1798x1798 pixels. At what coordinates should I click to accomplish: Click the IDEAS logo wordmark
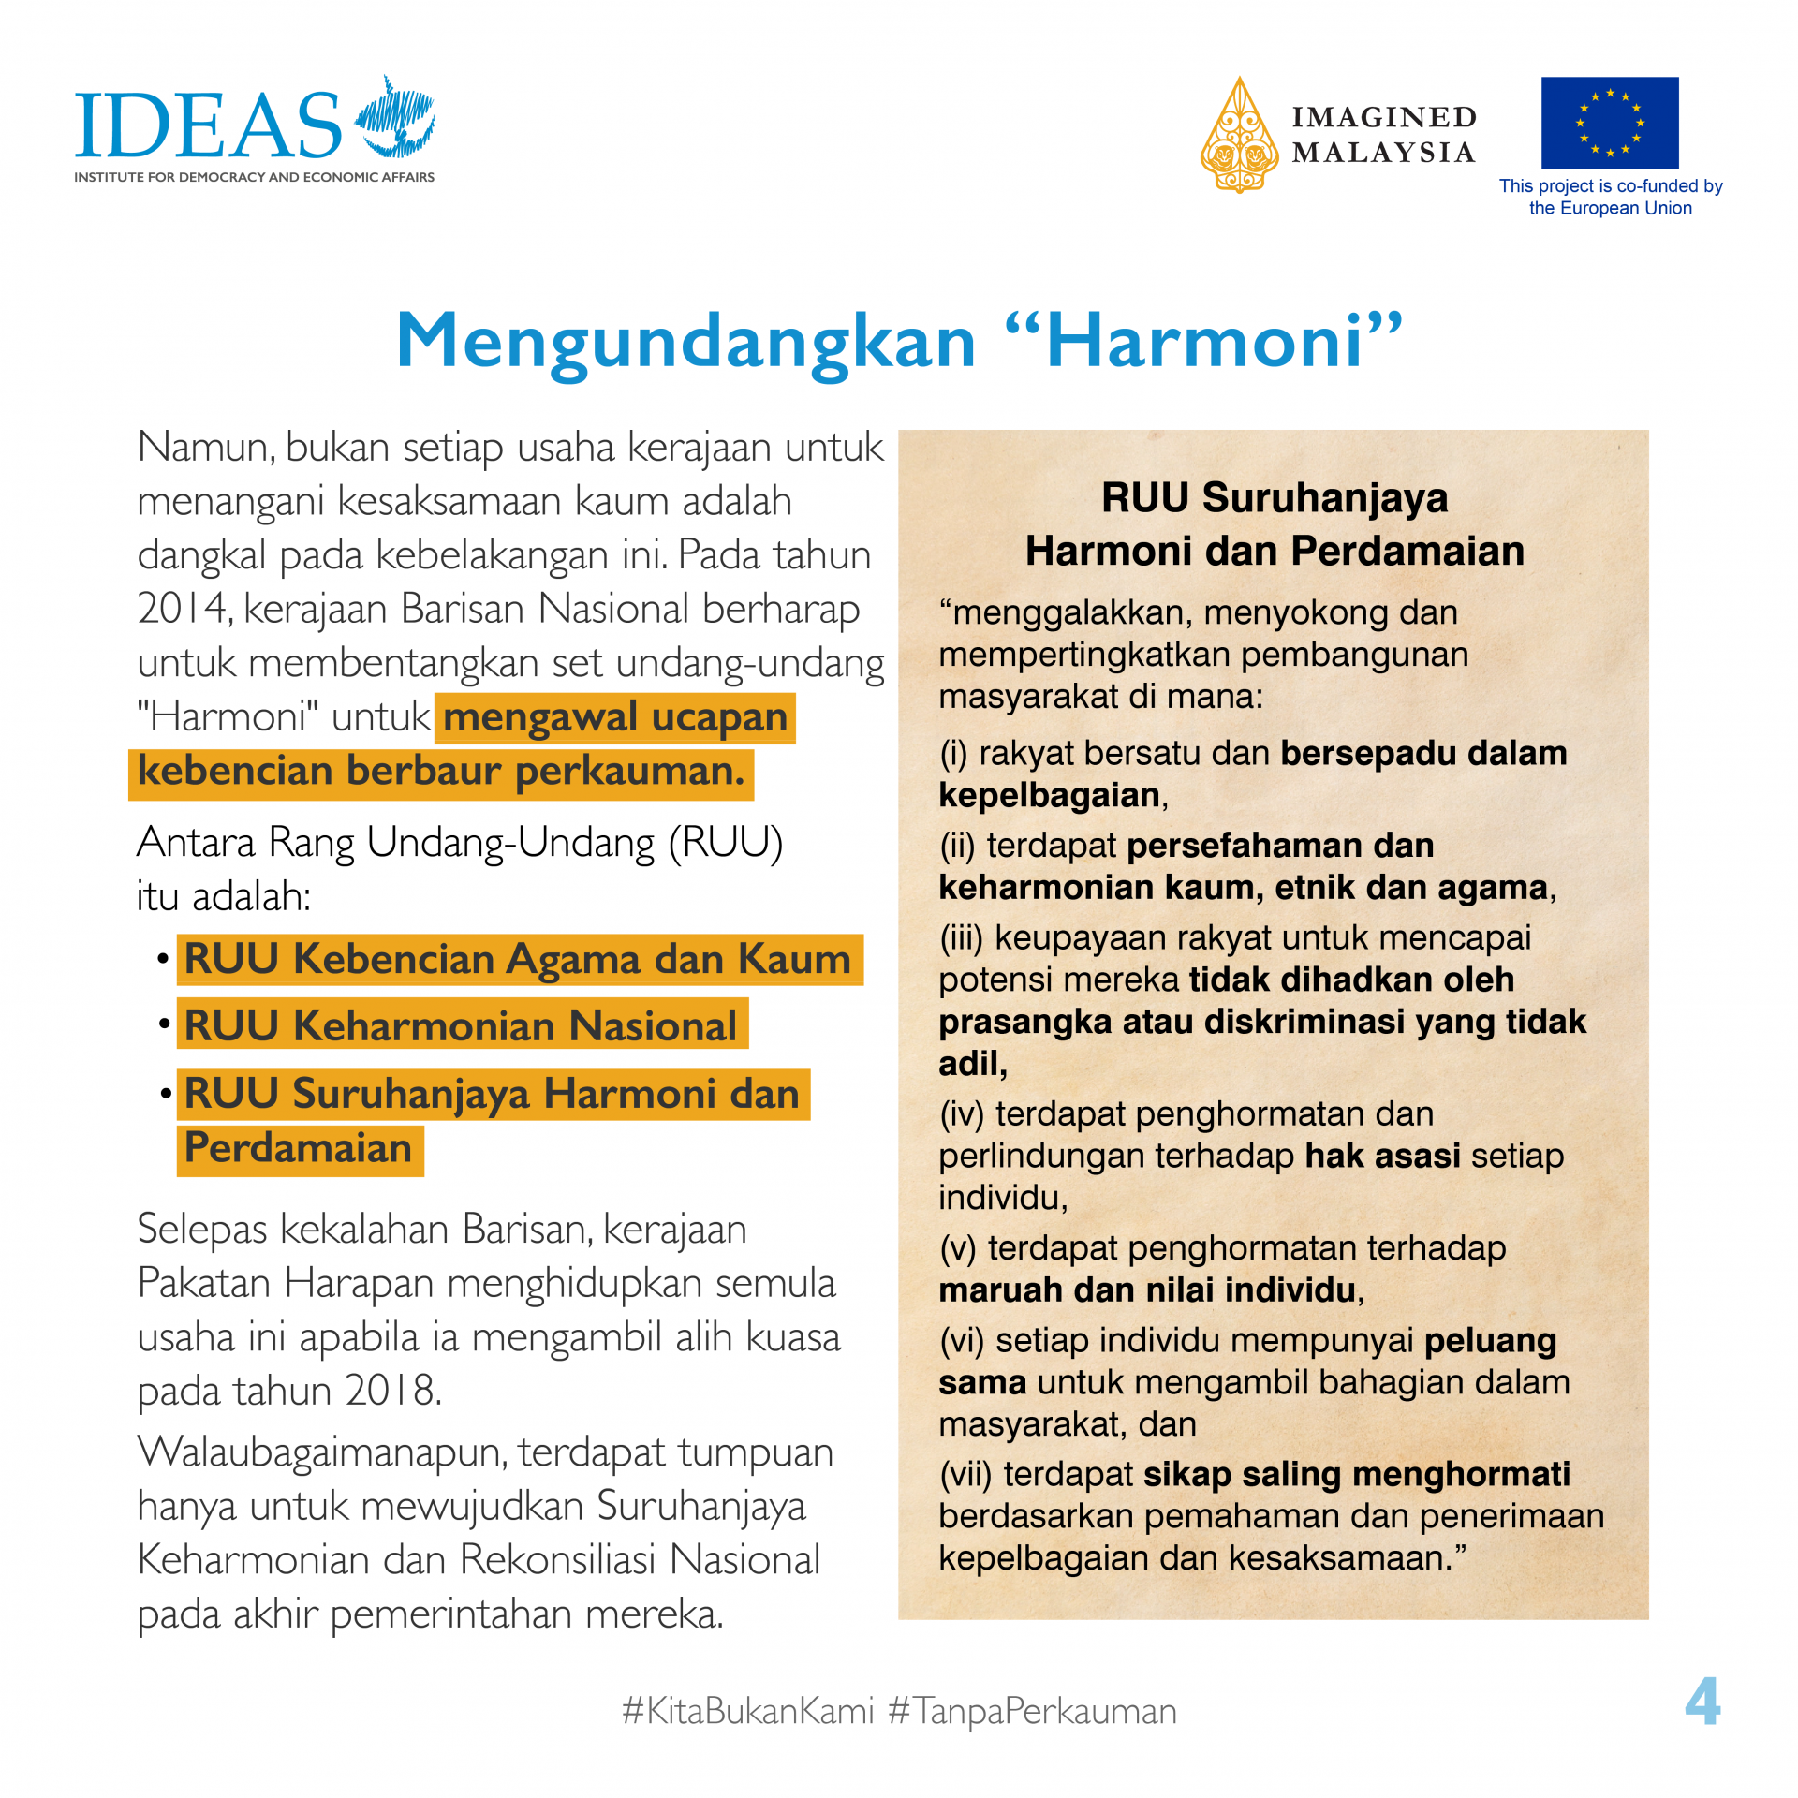point(208,125)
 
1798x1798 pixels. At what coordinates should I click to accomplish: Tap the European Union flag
point(1609,122)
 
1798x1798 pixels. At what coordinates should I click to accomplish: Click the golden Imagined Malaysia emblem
point(1239,137)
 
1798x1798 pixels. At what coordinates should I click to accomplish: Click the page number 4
point(1702,1702)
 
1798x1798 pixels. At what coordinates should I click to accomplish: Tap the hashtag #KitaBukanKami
point(747,1711)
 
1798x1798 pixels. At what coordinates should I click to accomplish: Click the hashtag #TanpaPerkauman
point(1032,1711)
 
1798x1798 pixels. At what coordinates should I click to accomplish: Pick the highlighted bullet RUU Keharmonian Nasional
point(461,1025)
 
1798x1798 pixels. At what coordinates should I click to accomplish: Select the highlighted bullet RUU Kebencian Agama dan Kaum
point(518,959)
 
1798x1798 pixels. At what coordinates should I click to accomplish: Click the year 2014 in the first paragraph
point(184,609)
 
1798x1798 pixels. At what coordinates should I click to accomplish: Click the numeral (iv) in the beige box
point(962,1114)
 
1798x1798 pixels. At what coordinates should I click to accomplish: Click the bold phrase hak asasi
point(1382,1156)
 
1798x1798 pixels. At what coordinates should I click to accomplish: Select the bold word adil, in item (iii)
point(973,1064)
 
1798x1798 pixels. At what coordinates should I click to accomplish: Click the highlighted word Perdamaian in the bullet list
point(299,1148)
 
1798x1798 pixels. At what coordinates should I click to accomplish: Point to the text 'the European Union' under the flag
point(1610,208)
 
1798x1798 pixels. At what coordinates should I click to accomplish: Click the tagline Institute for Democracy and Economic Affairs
point(254,177)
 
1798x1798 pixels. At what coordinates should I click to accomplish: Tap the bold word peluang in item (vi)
point(1490,1340)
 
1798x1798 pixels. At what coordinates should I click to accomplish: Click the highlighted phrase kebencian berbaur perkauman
point(441,772)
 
